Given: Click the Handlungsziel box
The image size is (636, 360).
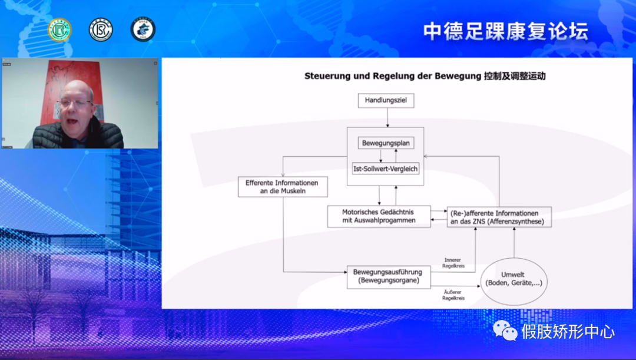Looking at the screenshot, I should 386,101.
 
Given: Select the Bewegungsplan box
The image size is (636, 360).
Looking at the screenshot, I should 386,143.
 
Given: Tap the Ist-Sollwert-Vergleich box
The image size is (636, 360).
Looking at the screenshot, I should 386,169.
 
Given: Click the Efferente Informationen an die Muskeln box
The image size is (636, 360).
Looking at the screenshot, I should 282,187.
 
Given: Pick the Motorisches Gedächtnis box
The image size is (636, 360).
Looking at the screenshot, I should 379,216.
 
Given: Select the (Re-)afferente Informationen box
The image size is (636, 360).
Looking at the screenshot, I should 499,217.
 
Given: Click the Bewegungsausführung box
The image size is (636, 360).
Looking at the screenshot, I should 388,276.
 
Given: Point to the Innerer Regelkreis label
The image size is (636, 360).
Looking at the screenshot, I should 454,263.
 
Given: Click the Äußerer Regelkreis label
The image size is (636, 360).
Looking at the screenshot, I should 453,295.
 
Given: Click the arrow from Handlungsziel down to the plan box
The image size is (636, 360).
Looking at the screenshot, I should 387,118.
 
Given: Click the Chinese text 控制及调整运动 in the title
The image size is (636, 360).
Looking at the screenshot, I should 514,76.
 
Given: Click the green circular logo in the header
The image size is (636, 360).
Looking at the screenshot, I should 59,29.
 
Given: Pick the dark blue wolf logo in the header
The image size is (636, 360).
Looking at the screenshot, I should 143,29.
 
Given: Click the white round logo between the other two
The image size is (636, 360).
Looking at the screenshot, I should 101,29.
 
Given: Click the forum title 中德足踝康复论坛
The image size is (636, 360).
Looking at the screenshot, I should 505,31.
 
